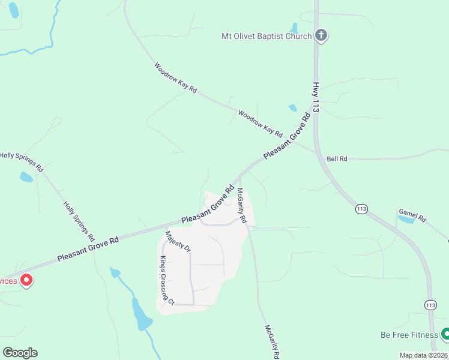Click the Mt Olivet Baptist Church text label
tap(266, 36)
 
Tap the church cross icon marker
tap(321, 35)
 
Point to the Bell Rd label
tap(337, 159)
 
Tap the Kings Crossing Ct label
tap(166, 281)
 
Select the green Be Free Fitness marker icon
tap(445, 333)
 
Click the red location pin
tap(26, 280)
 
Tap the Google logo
tap(20, 353)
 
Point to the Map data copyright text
tap(423, 355)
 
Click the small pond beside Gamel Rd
tap(406, 220)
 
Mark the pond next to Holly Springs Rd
tap(26, 177)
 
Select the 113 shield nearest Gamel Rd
tap(361, 209)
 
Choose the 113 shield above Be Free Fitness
tap(430, 305)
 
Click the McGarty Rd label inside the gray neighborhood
tap(241, 206)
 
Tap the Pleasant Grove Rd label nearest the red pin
tap(88, 248)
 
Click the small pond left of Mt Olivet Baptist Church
tap(294, 28)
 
